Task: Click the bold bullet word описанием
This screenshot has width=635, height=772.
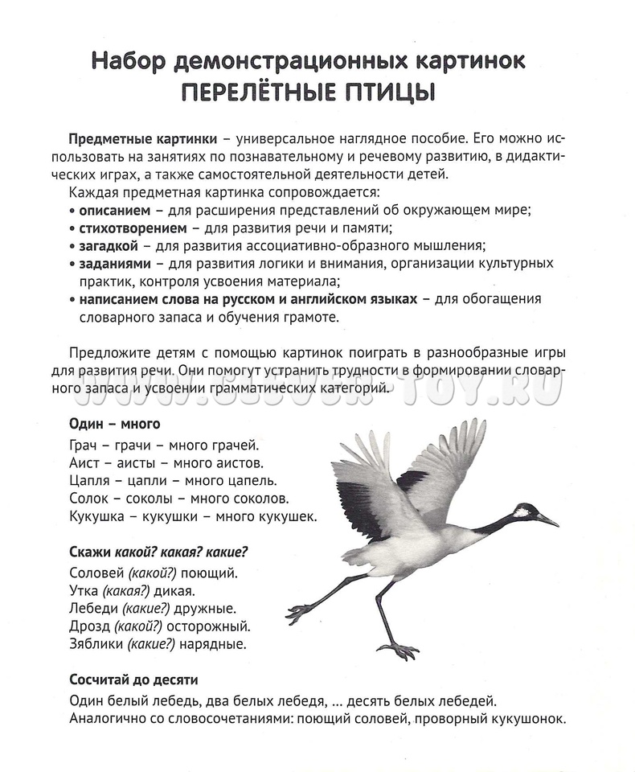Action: tap(114, 210)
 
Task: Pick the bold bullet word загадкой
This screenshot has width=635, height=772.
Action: tap(109, 245)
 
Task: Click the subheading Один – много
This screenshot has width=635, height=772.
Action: tap(115, 424)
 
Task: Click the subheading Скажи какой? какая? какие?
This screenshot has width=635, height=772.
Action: tap(158, 552)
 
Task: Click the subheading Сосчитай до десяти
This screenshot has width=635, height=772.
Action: tap(133, 680)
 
